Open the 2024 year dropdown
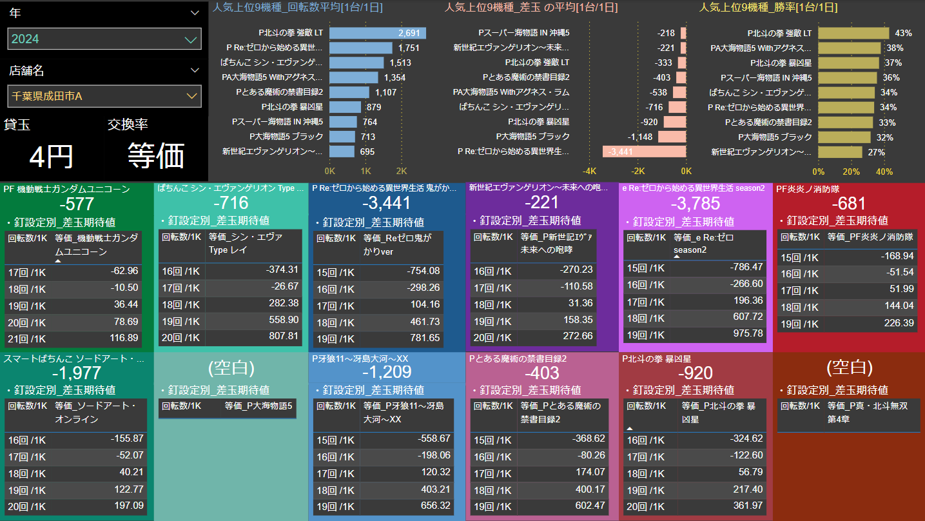pos(104,39)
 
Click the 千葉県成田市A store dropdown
pos(104,96)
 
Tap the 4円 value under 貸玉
pos(52,156)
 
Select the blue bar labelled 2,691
pos(377,33)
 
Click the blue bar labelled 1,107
pos(353,92)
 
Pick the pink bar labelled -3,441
pos(644,152)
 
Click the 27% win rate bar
pos(840,152)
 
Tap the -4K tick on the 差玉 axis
pos(589,172)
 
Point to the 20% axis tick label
pos(852,172)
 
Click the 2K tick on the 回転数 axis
pos(402,172)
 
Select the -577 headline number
pos(77,204)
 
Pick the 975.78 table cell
pos(748,333)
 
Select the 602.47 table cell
pos(589,505)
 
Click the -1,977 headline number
pos(77,373)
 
